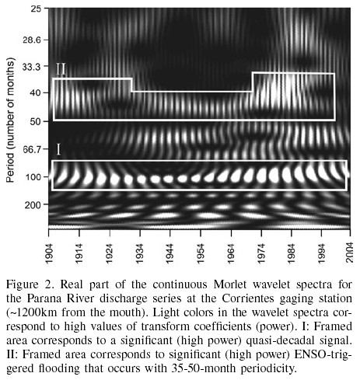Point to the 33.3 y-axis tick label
[x=33, y=67]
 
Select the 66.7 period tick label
[x=33, y=149]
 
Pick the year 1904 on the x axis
[x=49, y=253]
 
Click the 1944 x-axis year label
[x=170, y=253]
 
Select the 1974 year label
[x=261, y=253]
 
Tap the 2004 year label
[x=350, y=253]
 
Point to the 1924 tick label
[x=110, y=253]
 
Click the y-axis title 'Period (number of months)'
[x=10, y=120]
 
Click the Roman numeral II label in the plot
[x=61, y=69]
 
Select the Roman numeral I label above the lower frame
[x=58, y=150]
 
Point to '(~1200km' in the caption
[x=31, y=312]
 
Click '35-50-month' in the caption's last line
[x=203, y=368]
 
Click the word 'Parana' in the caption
[x=44, y=298]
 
